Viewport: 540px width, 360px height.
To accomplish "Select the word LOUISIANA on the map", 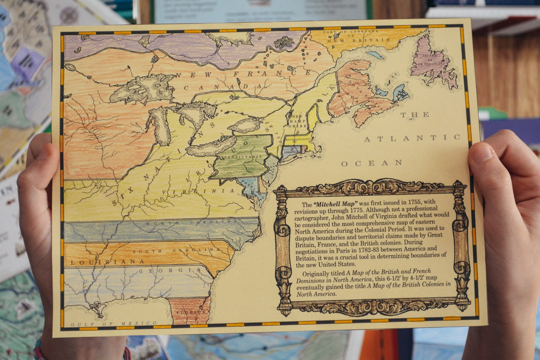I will tap(107, 262).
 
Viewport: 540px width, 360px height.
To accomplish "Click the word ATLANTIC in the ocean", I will tap(412, 138).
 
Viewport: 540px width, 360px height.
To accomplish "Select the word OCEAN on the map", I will tap(372, 163).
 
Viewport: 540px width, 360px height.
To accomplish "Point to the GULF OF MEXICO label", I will tap(114, 324).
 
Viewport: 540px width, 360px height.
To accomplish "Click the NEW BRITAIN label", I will tap(359, 40).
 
